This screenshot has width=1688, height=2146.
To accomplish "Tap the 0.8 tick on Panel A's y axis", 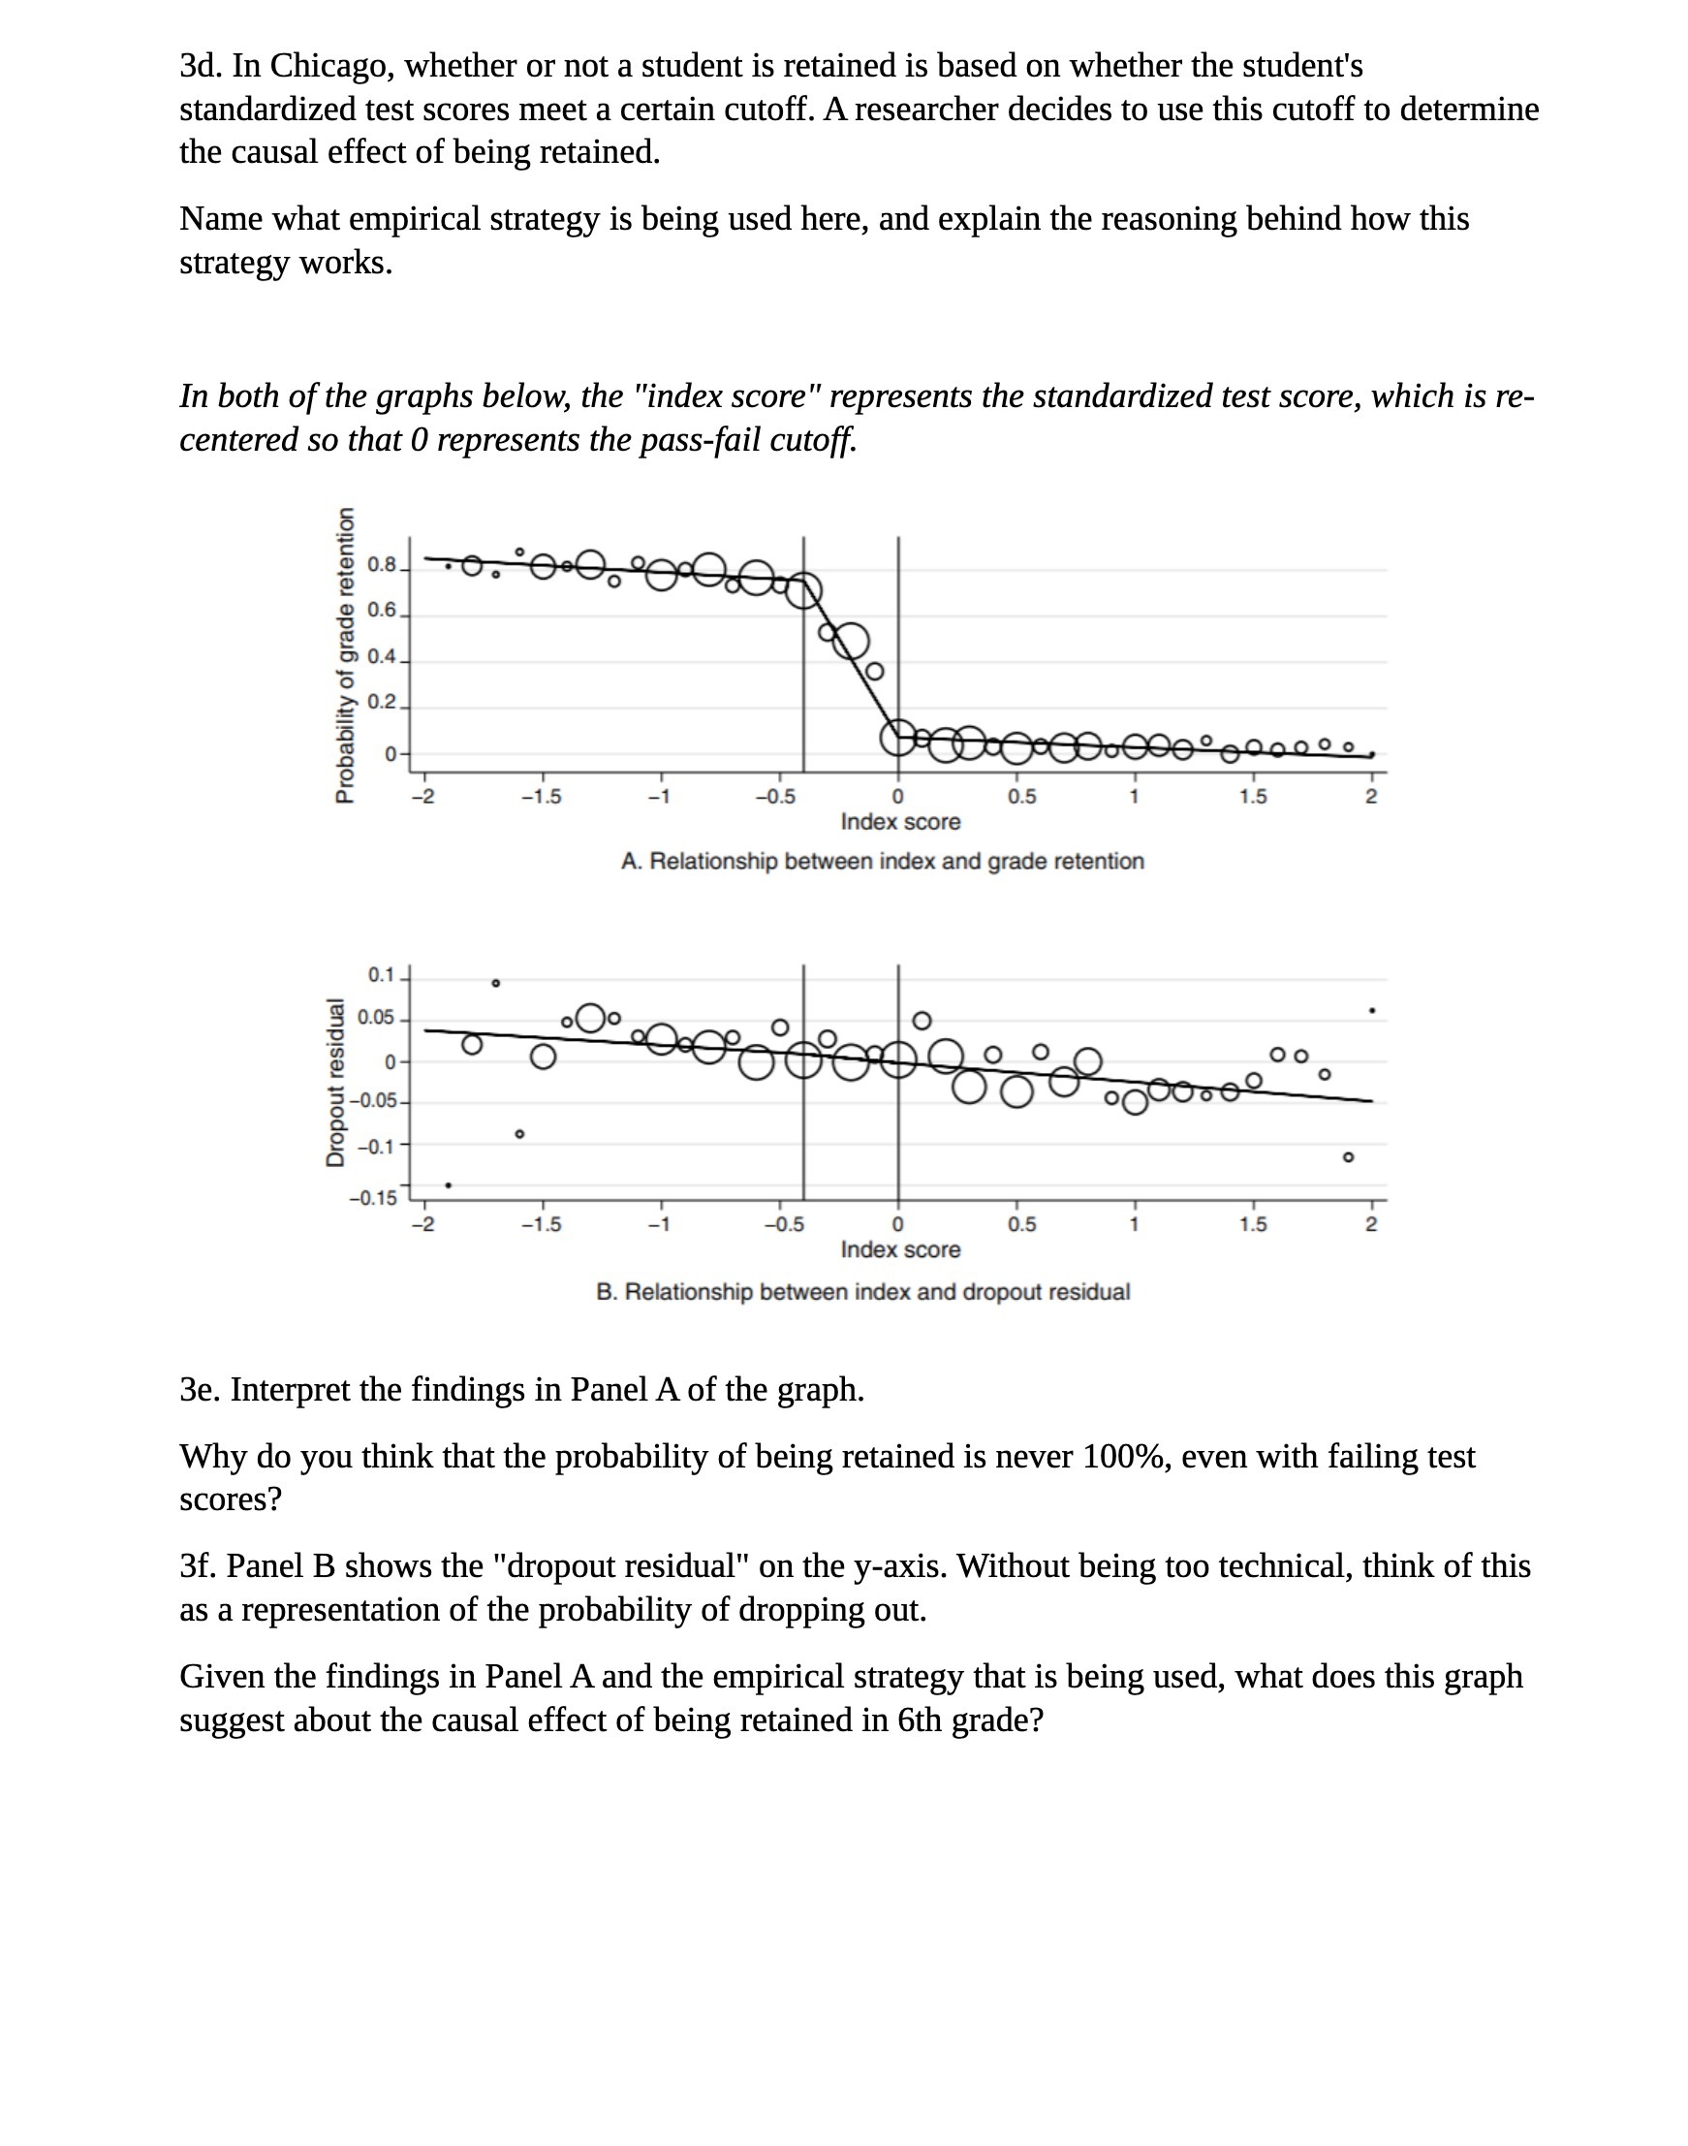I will (382, 566).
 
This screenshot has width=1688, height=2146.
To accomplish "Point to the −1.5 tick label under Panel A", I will (541, 798).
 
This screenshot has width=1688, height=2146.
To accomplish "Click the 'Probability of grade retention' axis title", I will (345, 655).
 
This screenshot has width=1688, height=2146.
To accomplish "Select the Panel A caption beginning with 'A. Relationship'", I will (882, 862).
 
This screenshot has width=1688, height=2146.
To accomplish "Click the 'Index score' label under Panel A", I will (900, 822).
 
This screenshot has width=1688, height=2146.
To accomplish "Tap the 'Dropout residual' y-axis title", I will (336, 1084).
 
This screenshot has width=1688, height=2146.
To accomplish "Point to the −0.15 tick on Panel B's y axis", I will (373, 1199).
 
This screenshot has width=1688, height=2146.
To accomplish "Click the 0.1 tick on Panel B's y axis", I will (381, 976).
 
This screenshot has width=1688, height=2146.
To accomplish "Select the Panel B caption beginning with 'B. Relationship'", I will (862, 1293).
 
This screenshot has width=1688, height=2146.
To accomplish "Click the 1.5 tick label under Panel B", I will (1253, 1226).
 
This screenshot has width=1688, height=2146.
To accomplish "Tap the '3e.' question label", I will (200, 1391).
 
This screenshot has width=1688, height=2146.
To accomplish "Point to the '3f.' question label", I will (199, 1566).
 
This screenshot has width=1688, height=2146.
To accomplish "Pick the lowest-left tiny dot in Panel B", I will (449, 1185).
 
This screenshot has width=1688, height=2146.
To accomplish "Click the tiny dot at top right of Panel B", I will (1372, 1011).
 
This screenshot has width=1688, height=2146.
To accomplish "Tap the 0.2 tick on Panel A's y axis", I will (382, 703).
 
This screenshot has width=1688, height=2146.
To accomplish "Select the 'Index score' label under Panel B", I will (900, 1250).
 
